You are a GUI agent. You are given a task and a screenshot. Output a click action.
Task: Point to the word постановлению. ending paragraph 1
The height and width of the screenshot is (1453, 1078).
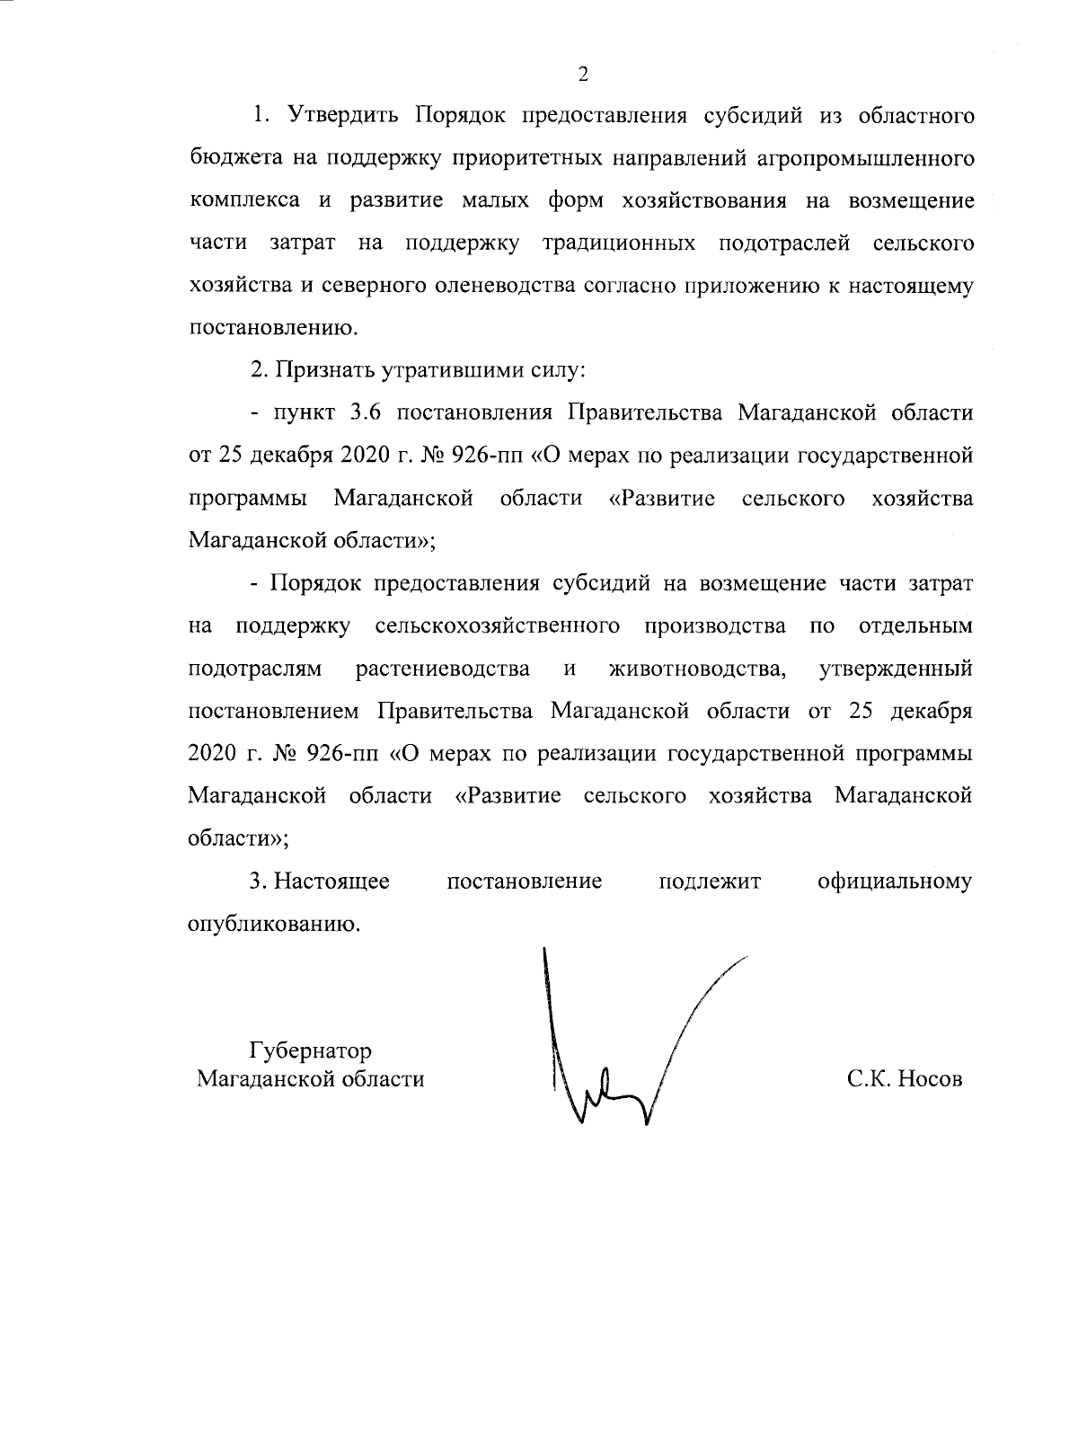coord(273,327)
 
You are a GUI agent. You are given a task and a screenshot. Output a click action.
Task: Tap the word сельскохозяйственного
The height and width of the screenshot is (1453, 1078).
coord(497,625)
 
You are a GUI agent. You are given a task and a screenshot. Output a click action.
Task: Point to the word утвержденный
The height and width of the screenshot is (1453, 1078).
coord(896,669)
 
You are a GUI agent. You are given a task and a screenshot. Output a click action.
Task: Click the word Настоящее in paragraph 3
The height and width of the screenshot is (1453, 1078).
coord(331,882)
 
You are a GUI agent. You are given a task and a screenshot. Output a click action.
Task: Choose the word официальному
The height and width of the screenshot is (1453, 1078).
coord(895,882)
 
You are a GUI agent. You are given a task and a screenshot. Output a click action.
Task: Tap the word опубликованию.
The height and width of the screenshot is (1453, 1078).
coord(273,924)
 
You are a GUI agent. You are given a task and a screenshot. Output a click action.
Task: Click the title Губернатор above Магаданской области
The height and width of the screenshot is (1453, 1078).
coord(310,1050)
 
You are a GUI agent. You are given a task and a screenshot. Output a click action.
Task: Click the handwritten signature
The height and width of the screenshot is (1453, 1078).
coord(611,1060)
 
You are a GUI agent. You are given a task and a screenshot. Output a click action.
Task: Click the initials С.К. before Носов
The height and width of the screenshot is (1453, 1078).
coord(869,1079)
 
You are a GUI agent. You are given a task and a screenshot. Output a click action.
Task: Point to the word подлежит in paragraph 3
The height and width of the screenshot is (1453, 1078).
coord(710,882)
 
